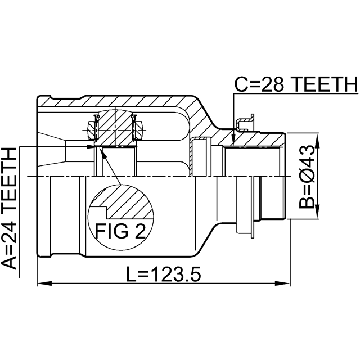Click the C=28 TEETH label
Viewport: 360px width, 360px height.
coord(296,84)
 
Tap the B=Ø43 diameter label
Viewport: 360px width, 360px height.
coord(307,177)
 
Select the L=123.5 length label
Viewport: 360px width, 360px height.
coord(164,274)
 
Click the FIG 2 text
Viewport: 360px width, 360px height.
coord(120,231)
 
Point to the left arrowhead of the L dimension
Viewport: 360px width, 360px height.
coord(44,283)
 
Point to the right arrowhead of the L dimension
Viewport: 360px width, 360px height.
coord(283,283)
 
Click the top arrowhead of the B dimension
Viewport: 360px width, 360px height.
coord(317,140)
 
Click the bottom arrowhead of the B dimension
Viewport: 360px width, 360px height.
coord(317,211)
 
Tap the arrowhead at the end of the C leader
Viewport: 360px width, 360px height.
coord(233,139)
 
